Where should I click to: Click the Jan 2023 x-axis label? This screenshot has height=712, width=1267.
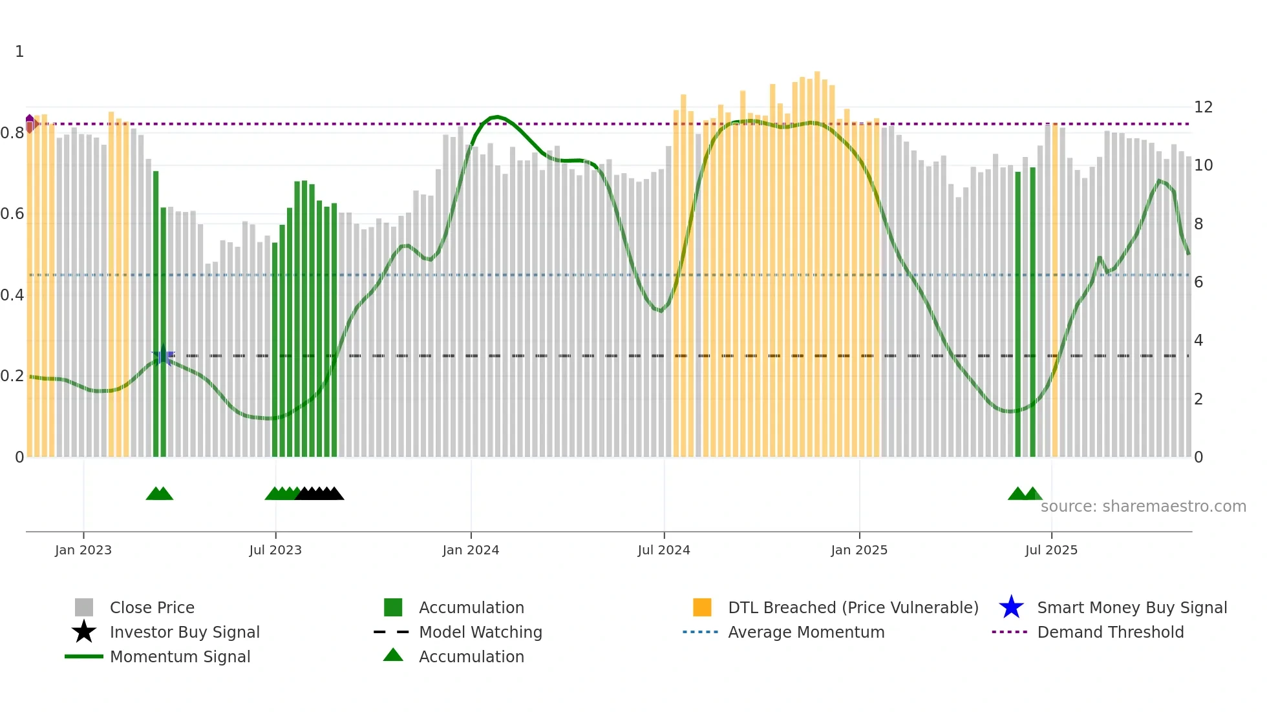(83, 550)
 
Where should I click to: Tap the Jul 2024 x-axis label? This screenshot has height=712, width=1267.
(664, 550)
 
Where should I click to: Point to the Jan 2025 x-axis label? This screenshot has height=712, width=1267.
(859, 550)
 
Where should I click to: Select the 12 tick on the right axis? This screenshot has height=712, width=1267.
(1203, 107)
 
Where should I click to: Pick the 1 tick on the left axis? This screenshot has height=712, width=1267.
(19, 52)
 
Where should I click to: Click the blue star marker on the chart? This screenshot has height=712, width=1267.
(163, 355)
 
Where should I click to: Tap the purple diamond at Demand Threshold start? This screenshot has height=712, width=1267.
(30, 121)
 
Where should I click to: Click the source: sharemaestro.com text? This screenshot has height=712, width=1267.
(1143, 507)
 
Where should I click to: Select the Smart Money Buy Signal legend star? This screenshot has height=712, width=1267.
(1011, 607)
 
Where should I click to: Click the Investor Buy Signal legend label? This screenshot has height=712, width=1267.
(185, 632)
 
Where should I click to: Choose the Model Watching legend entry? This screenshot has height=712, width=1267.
(480, 632)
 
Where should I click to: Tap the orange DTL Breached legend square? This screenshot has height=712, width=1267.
(702, 607)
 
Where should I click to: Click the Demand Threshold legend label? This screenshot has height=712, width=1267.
(1110, 632)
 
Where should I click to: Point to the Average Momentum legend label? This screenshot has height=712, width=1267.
(806, 632)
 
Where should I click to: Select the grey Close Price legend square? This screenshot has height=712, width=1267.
(84, 607)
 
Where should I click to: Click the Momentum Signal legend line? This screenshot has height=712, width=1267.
(84, 656)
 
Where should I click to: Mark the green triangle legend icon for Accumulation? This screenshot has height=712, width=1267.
(393, 655)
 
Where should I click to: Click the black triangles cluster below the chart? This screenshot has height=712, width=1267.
(320, 494)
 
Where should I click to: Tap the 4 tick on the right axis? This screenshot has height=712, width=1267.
(1198, 340)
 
